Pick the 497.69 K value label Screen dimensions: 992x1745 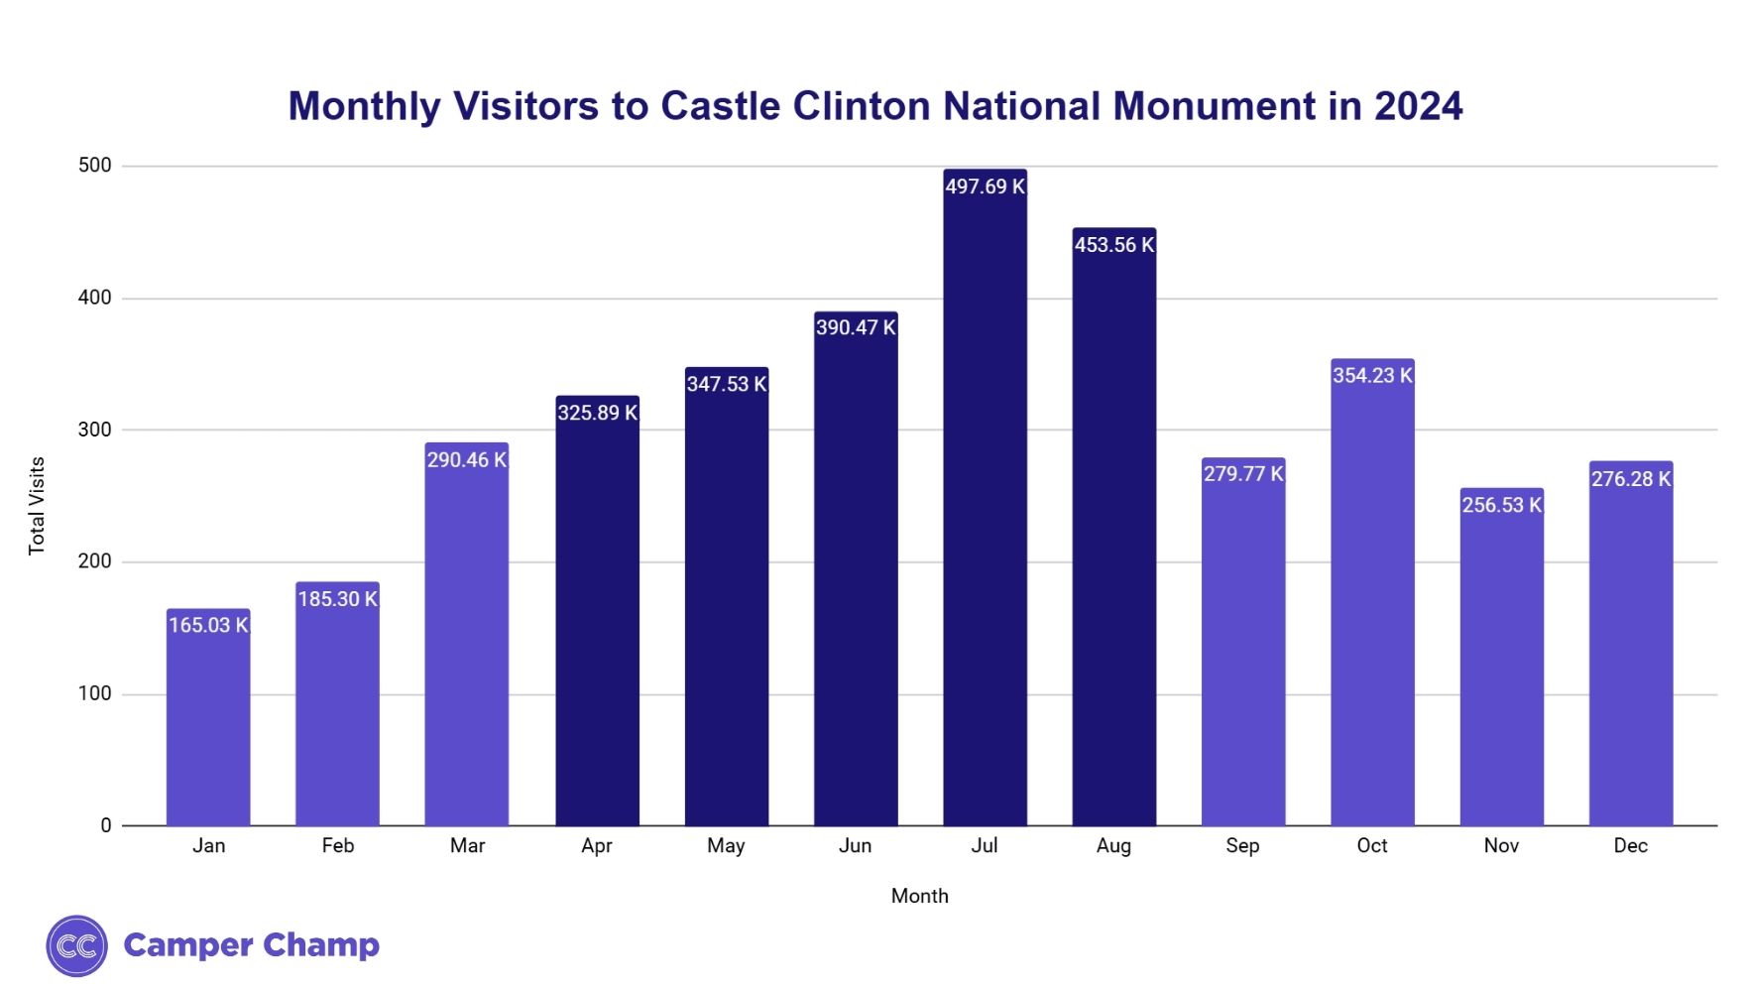point(985,186)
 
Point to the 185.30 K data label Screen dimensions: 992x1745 point(337,599)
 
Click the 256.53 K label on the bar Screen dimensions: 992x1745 point(1501,505)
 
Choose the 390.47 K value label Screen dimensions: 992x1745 point(856,327)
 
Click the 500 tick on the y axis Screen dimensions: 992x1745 point(95,166)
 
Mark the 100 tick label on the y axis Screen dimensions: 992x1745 point(95,693)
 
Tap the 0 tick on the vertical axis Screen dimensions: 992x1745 point(106,825)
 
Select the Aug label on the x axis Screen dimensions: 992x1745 point(1113,846)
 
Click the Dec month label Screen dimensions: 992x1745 point(1630,846)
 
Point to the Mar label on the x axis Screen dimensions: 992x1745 point(467,846)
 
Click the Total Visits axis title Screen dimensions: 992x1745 point(37,506)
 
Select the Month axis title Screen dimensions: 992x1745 point(919,896)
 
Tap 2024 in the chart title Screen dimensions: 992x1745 point(1418,106)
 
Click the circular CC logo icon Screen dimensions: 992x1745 point(76,945)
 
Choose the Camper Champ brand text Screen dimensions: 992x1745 point(251,945)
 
